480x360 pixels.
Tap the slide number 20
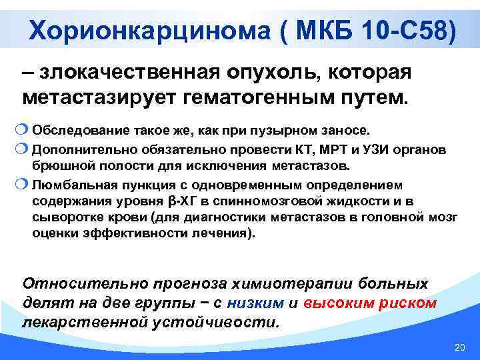point(458,347)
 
